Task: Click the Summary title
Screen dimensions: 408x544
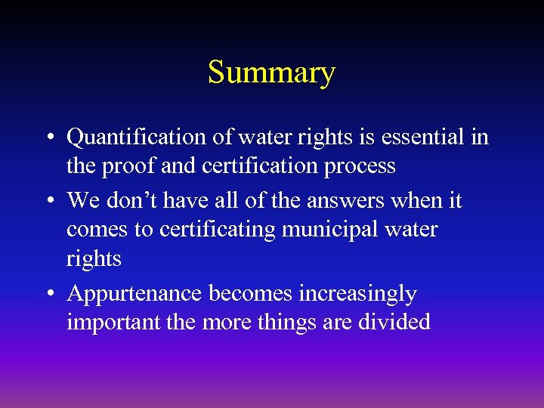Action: [x=271, y=73]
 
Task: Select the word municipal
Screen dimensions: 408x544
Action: [x=336, y=230]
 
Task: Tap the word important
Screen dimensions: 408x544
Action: [x=113, y=323]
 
